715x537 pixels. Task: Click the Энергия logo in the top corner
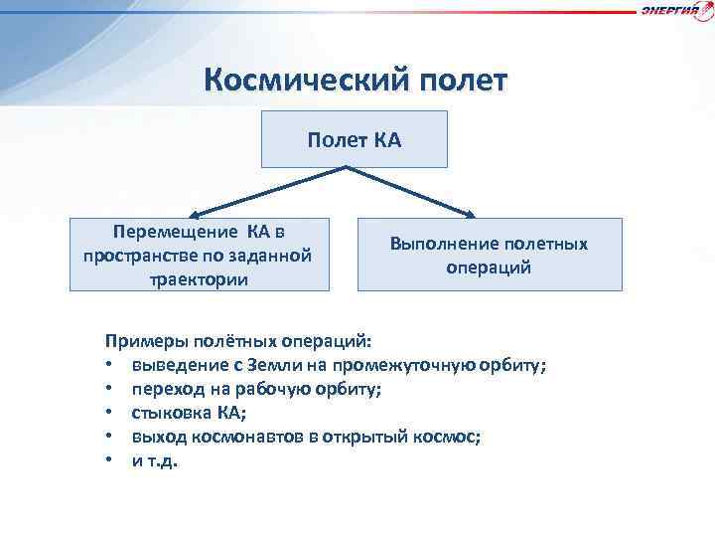(x=676, y=10)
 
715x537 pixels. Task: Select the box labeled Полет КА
(x=355, y=139)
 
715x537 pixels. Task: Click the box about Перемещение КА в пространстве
(x=199, y=255)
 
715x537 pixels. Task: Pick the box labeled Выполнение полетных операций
(x=489, y=255)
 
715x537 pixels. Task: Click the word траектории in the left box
(x=199, y=278)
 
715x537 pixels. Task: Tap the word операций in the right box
(x=489, y=268)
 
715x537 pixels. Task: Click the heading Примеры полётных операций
(x=239, y=342)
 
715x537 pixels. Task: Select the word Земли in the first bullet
(x=293, y=365)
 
